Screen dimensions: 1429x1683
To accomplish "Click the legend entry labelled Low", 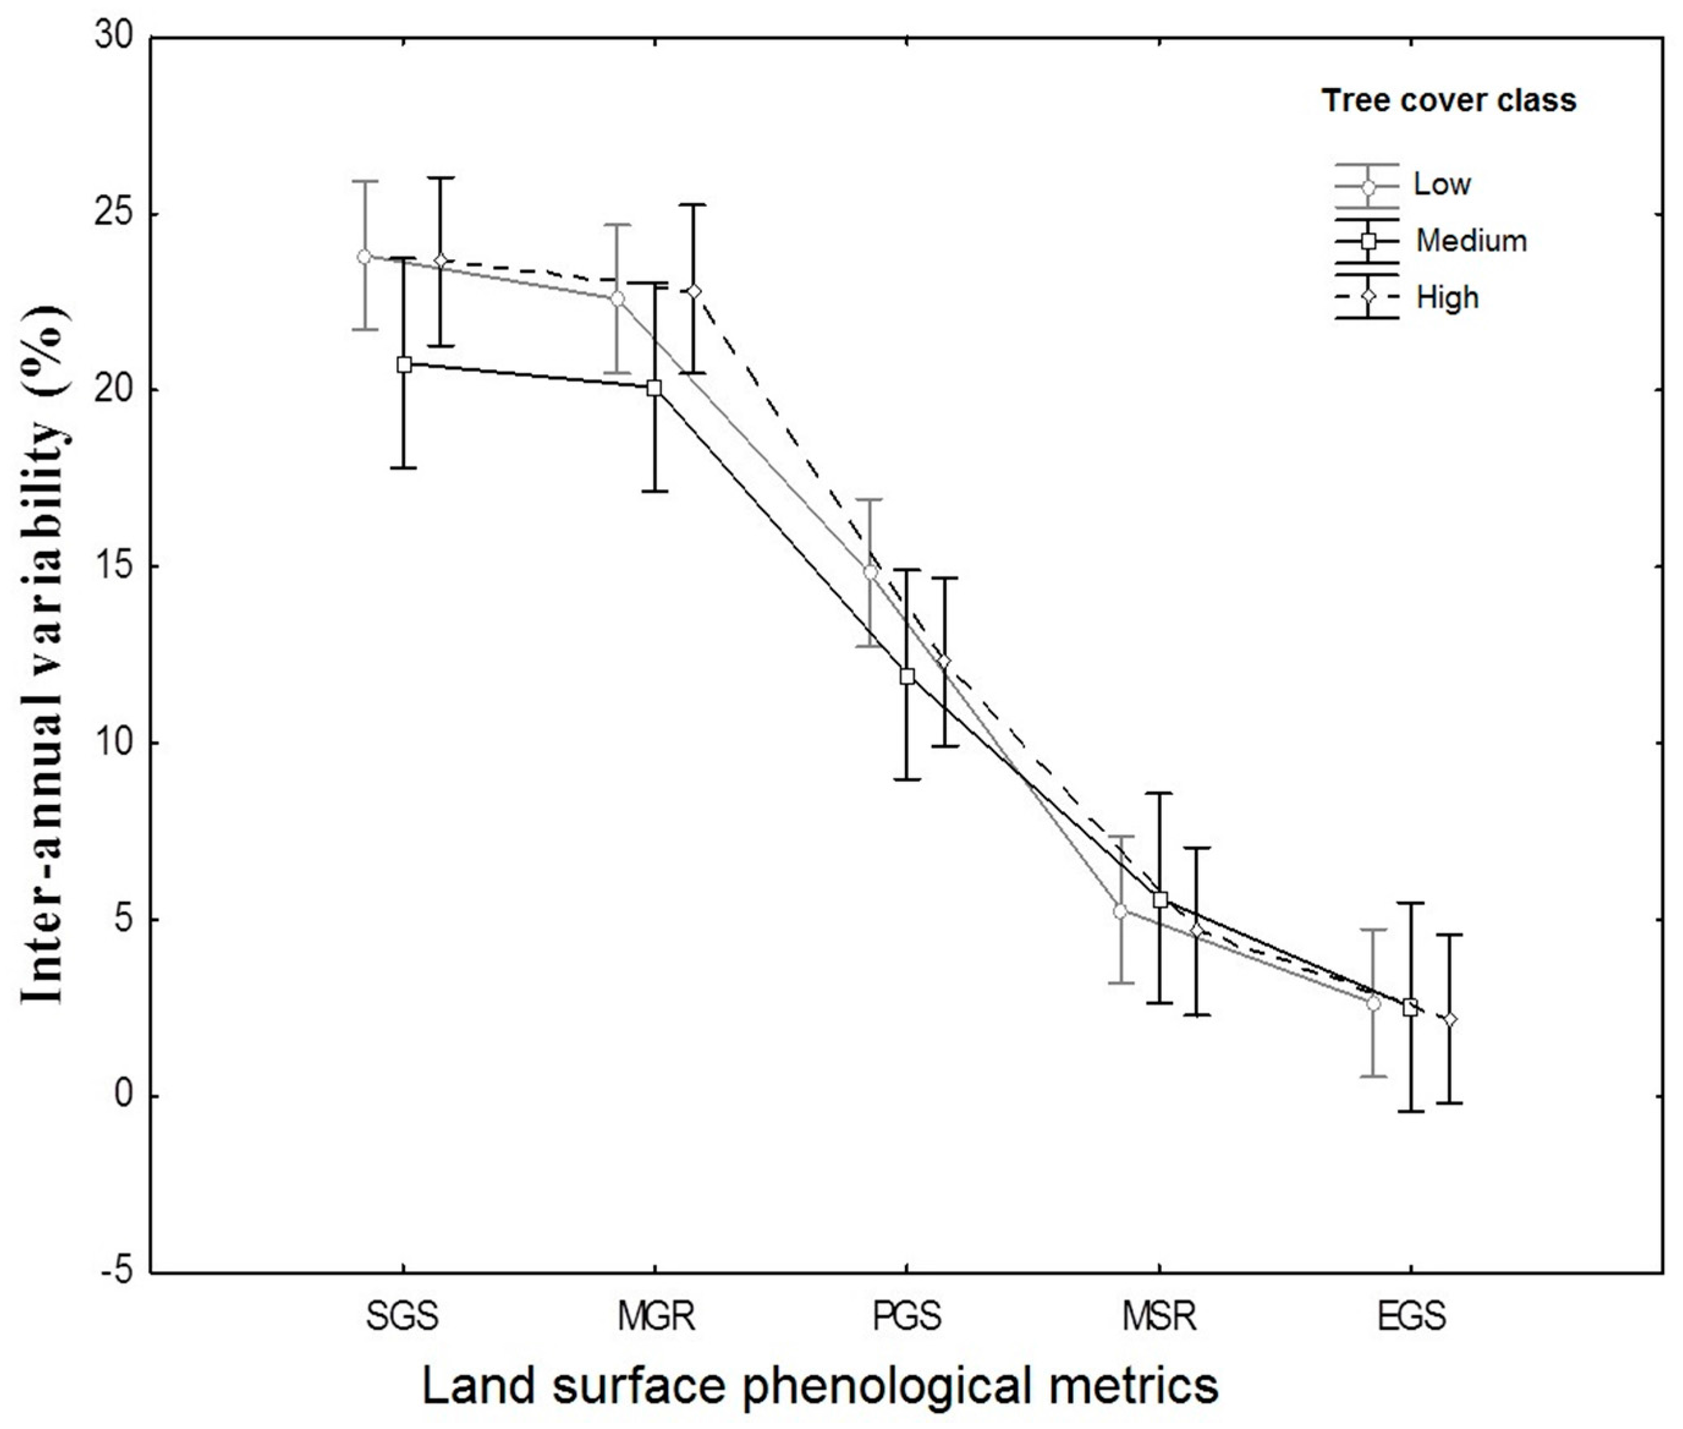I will pos(1442,185).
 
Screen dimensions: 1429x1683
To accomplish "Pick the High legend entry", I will pos(1447,297).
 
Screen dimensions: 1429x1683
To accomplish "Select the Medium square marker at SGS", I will pos(404,364).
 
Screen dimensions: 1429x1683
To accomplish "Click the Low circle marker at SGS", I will pos(364,257).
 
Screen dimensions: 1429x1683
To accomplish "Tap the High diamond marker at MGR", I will pos(693,291).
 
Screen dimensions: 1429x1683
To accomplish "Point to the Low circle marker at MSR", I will pos(1120,911).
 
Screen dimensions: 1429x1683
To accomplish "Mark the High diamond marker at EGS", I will pos(1450,1019).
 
